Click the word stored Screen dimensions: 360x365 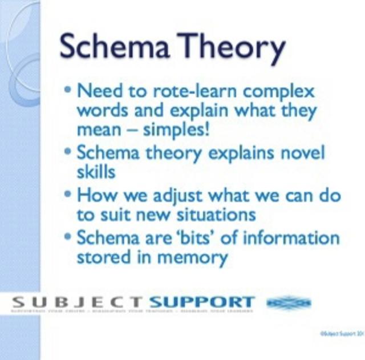tap(104, 257)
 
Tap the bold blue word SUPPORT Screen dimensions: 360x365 tap(201, 301)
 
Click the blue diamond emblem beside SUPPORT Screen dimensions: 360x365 tap(289, 302)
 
